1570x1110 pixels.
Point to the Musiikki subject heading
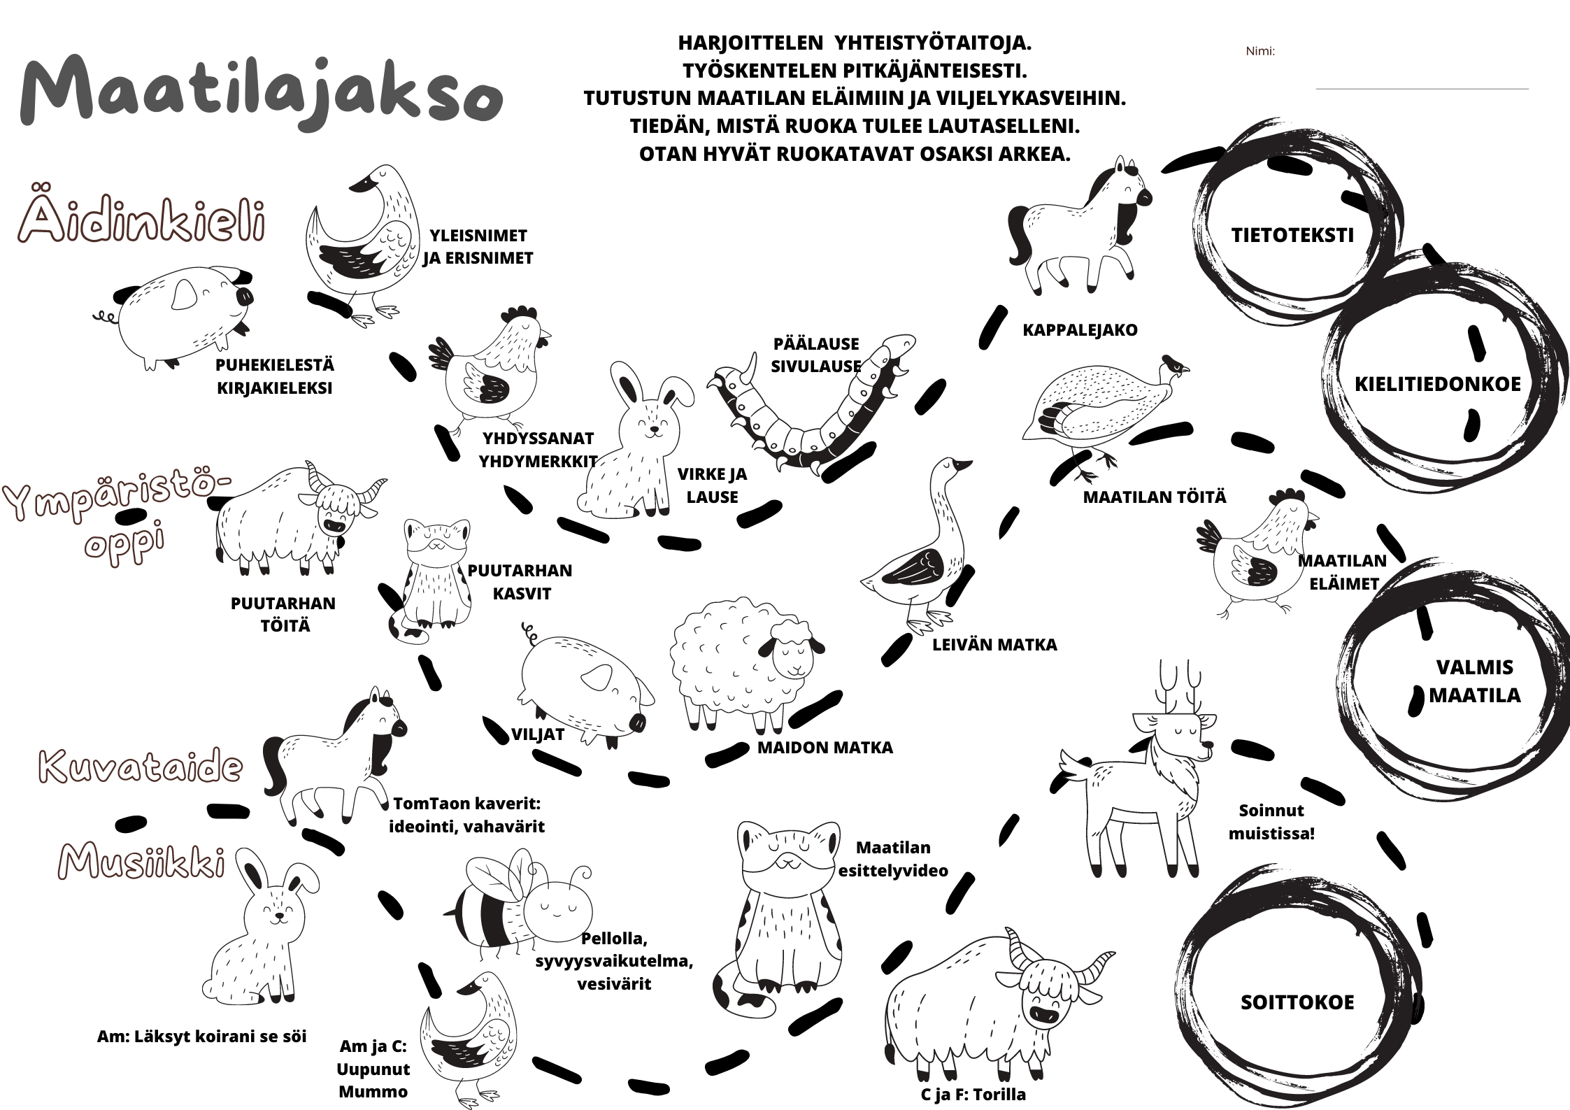[x=143, y=860]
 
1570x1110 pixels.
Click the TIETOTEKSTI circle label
[x=1292, y=235]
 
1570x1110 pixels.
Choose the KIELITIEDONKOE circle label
[x=1438, y=384]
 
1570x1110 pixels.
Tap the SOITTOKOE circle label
[x=1297, y=1002]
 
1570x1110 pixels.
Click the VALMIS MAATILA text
[x=1474, y=681]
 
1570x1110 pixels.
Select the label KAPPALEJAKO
[x=1080, y=330]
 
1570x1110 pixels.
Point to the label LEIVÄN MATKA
[x=994, y=644]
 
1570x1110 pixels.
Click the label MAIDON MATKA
[x=825, y=748]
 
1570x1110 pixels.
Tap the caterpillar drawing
[x=811, y=409]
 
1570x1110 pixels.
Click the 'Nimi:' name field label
[x=1260, y=51]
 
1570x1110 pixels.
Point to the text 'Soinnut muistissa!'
[x=1271, y=822]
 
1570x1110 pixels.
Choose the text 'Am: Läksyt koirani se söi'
[x=201, y=1036]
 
